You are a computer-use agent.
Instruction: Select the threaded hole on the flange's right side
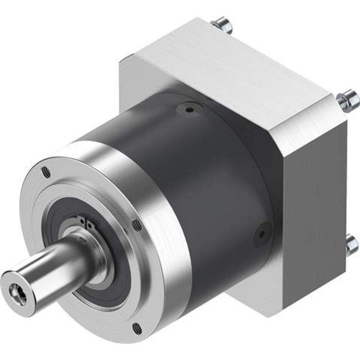pyautogui.click(x=136, y=225)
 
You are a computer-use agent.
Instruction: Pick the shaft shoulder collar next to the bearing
pyautogui.click(x=77, y=245)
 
